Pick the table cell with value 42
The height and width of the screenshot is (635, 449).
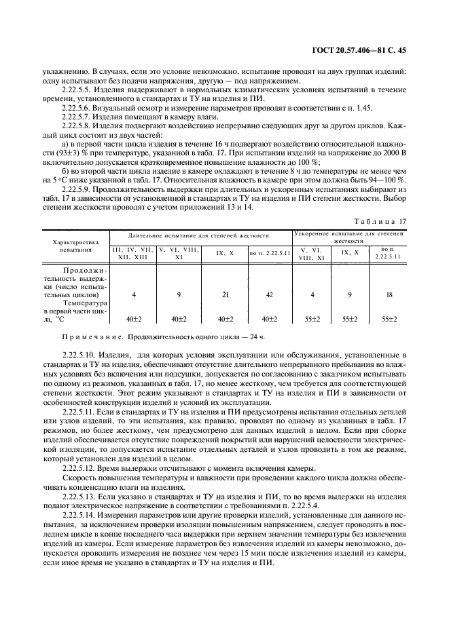(x=270, y=295)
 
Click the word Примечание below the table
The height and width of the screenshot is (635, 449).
(x=92, y=337)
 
